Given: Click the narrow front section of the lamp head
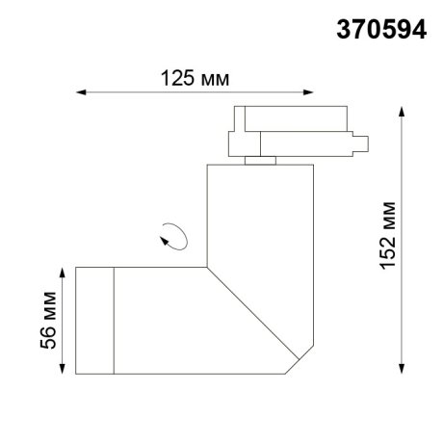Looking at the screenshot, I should [94, 321].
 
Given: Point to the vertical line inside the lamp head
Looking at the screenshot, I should [116, 321].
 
